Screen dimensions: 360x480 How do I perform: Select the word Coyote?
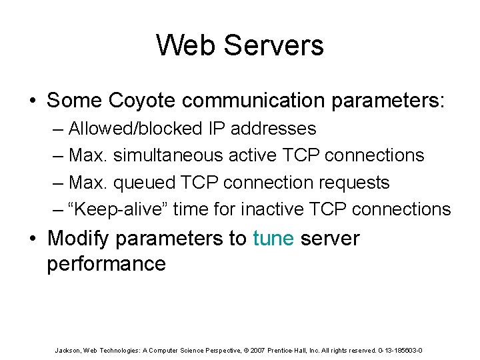click(141, 101)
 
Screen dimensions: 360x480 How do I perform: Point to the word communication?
click(250, 101)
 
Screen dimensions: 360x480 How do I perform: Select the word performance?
click(106, 263)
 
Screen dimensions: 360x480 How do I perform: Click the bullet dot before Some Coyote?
click(33, 101)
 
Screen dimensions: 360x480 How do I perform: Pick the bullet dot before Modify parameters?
click(33, 239)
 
